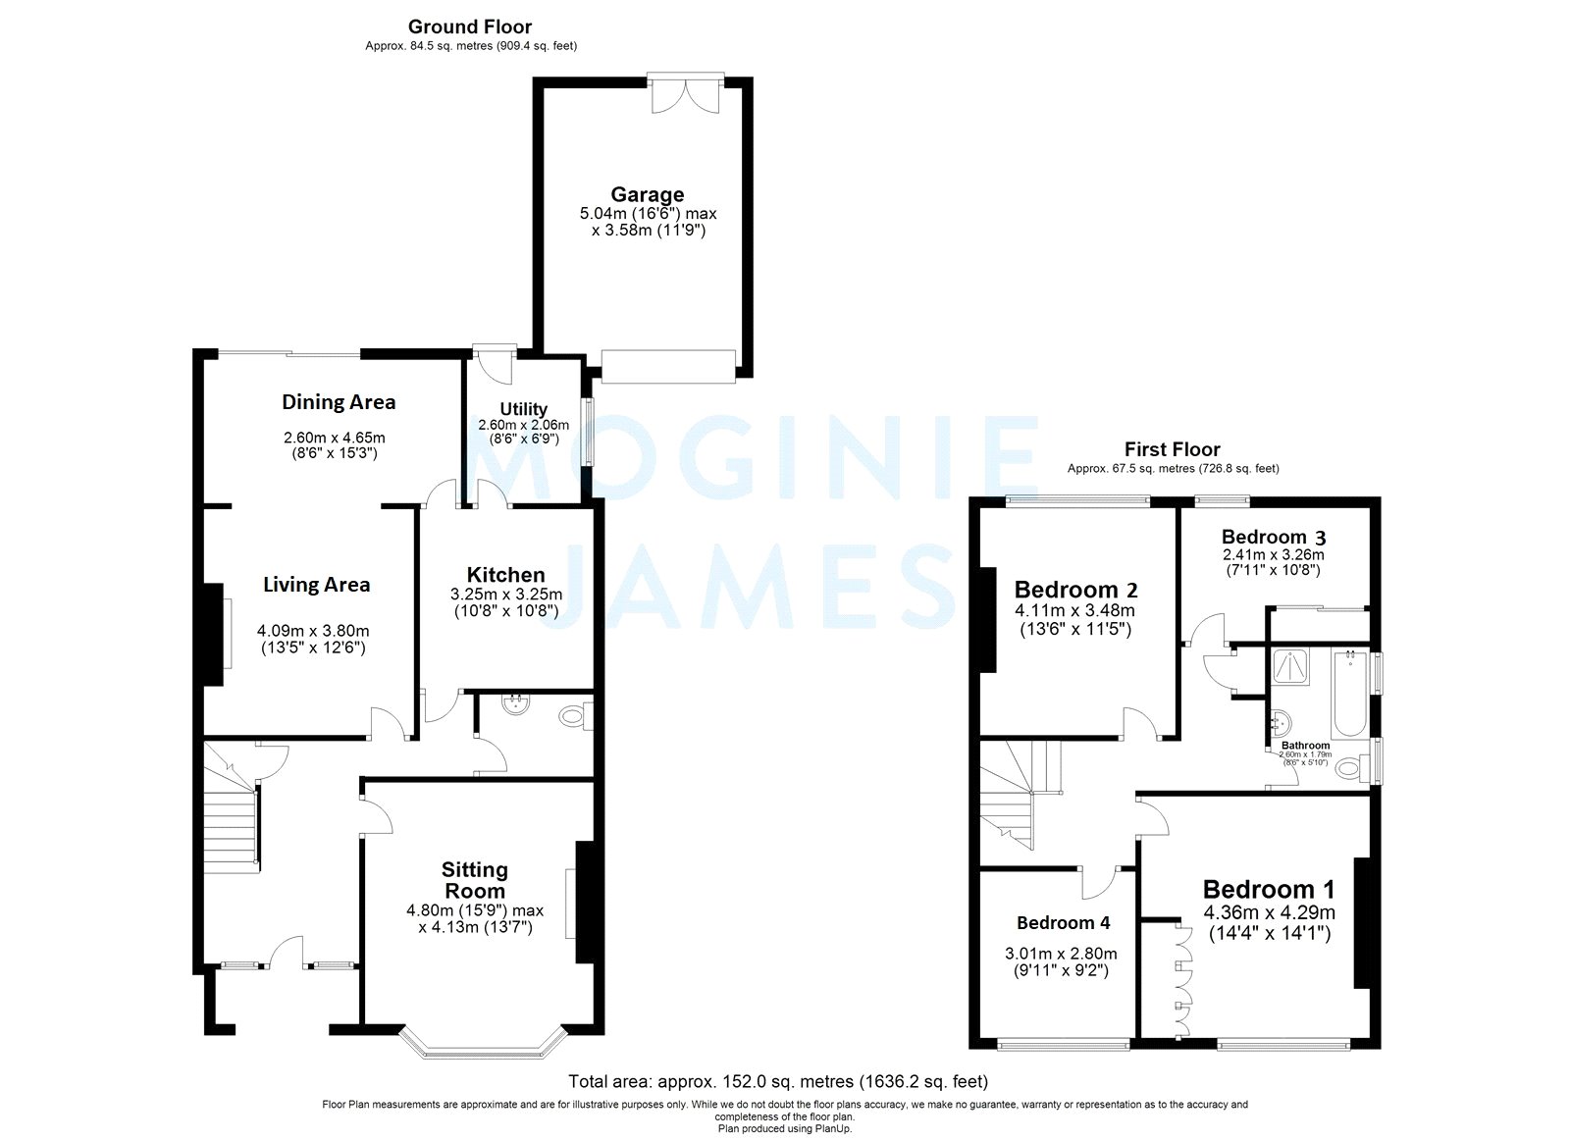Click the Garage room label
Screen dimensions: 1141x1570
point(647,194)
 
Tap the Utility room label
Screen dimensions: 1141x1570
point(523,409)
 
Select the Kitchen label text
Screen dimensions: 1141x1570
point(505,575)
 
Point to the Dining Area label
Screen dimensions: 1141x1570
point(339,401)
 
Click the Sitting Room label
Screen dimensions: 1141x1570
point(475,880)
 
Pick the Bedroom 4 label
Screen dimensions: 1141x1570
point(1063,922)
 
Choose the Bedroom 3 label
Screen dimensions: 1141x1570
point(1274,537)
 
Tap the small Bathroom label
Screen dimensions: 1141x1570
point(1305,746)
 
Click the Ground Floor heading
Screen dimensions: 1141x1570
point(470,26)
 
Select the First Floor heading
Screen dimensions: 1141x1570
point(1172,449)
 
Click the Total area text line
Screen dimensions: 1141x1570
point(778,1082)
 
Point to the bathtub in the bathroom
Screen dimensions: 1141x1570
point(1350,695)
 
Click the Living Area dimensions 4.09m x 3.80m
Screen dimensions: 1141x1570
point(314,631)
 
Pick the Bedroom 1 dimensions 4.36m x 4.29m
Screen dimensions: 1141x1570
point(1269,912)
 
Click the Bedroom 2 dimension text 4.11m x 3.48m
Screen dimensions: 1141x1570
point(1074,610)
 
